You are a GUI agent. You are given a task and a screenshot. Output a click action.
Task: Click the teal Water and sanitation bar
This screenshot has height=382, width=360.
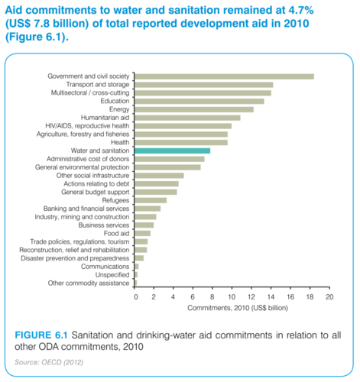coord(173,151)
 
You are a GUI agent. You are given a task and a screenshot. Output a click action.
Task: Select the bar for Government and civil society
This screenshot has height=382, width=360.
coord(224,76)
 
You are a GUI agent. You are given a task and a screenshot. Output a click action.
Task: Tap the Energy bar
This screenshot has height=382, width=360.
coord(194,109)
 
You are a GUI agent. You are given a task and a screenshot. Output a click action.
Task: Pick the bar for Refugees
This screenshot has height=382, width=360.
coord(151,200)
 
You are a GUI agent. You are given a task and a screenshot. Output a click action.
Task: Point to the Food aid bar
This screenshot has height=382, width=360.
coord(142,234)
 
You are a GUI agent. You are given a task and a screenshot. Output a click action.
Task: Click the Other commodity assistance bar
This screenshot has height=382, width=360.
coord(136,283)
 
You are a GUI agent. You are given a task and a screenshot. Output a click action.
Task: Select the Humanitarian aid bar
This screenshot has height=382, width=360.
coord(187,118)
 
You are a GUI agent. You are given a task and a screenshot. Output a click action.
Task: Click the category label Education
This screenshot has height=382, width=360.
coord(115,101)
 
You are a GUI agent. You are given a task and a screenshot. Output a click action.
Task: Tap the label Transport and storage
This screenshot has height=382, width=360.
coord(98,85)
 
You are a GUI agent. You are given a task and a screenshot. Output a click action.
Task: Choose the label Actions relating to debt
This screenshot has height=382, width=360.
coord(96,184)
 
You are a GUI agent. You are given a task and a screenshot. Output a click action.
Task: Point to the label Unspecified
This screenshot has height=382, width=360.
coord(112,275)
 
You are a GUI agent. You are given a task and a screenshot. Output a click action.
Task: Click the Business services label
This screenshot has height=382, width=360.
coord(104,225)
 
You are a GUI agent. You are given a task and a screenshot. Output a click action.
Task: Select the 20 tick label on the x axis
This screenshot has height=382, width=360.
coord(329,297)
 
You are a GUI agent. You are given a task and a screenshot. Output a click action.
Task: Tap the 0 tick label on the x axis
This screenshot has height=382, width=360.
coord(136,297)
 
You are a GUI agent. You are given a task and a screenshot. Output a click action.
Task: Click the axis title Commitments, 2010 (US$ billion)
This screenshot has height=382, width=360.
coord(238,308)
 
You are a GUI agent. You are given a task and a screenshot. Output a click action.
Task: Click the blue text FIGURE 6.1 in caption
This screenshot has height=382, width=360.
coord(41,335)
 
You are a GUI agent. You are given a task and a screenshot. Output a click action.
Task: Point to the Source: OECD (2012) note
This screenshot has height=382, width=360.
coord(49,362)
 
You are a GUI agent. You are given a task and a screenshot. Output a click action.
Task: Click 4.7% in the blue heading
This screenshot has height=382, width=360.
coord(301,10)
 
